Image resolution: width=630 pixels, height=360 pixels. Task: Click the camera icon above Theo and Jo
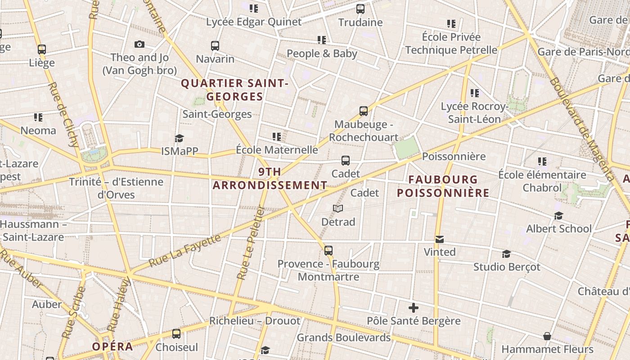pyautogui.click(x=139, y=44)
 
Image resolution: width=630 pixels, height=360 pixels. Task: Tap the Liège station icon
pyautogui.click(x=42, y=49)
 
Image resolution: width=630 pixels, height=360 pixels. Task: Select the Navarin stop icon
pyautogui.click(x=215, y=45)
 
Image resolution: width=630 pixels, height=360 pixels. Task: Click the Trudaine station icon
pyautogui.click(x=360, y=9)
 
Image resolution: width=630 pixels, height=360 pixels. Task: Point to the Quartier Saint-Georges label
pyautogui.click(x=234, y=90)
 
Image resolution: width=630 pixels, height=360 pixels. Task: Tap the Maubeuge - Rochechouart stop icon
pyautogui.click(x=364, y=111)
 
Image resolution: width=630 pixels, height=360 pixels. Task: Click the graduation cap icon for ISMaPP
pyautogui.click(x=180, y=138)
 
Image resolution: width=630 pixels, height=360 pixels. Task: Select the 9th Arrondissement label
pyautogui.click(x=270, y=179)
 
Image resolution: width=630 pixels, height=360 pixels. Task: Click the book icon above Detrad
pyautogui.click(x=338, y=208)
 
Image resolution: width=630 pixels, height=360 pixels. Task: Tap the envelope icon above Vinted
pyautogui.click(x=440, y=239)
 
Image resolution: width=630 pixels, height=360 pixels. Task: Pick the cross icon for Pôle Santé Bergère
pyautogui.click(x=414, y=308)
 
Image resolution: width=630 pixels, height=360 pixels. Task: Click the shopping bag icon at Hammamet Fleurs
pyautogui.click(x=547, y=336)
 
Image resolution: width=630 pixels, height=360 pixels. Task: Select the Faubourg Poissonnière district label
pyautogui.click(x=443, y=186)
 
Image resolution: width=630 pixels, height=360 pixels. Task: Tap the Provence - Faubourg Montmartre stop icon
pyautogui.click(x=328, y=251)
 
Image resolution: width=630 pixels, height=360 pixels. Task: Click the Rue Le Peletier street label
pyautogui.click(x=250, y=243)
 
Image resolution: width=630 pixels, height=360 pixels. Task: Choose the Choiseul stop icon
pyautogui.click(x=176, y=334)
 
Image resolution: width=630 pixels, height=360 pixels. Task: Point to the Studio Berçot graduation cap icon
pyautogui.click(x=506, y=254)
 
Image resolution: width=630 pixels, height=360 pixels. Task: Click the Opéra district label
pyautogui.click(x=112, y=346)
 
